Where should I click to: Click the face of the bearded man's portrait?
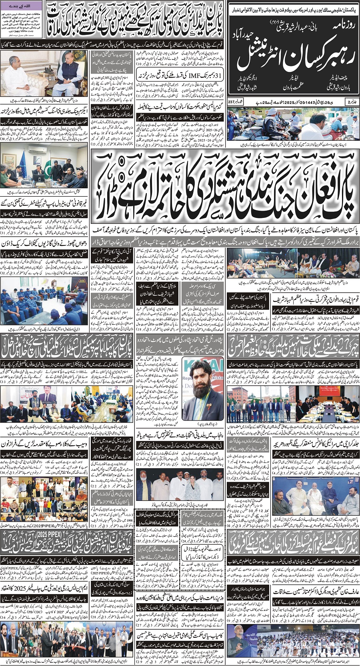point(203,384)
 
